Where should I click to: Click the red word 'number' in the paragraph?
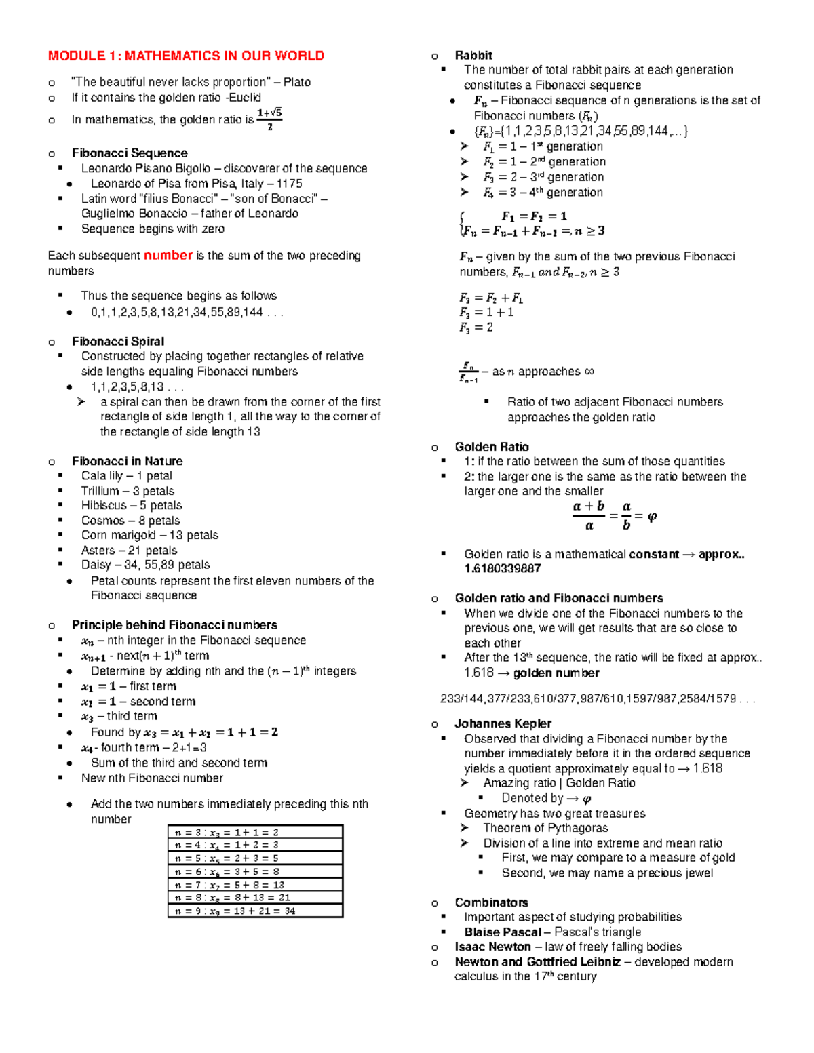click(168, 255)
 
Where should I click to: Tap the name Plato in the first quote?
click(297, 82)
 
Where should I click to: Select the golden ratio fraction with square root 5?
click(269, 119)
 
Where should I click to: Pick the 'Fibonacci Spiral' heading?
click(118, 341)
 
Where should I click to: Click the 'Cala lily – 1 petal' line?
click(126, 475)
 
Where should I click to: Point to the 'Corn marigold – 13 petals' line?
click(149, 535)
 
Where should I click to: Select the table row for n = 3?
click(255, 832)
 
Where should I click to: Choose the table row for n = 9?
click(255, 911)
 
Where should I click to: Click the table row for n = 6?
click(255, 871)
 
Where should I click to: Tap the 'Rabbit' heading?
click(473, 56)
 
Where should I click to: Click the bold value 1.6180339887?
click(503, 568)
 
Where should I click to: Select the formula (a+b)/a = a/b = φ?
click(614, 516)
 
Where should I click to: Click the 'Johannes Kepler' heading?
click(503, 723)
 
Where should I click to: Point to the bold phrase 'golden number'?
click(556, 673)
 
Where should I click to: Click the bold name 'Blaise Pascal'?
click(503, 932)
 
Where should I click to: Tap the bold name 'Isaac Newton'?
click(492, 947)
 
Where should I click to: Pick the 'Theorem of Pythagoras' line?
click(545, 828)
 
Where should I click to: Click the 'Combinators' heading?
click(491, 902)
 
